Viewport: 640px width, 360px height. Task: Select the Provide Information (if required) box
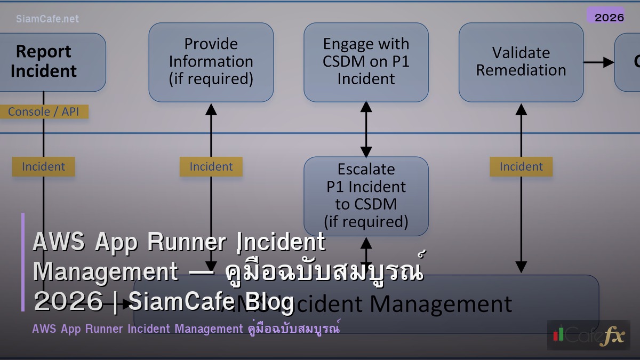(211, 62)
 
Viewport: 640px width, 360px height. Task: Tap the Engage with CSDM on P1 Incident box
(366, 62)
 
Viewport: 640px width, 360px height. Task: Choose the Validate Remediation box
(521, 62)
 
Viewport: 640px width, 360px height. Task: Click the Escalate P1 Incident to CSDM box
(366, 195)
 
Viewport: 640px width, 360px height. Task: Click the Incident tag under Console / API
(44, 167)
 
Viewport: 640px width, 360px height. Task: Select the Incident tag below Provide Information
(211, 167)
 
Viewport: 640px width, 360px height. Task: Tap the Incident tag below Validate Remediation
(521, 167)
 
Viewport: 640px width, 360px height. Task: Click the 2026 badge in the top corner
(609, 17)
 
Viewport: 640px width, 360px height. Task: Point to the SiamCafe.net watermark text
(47, 19)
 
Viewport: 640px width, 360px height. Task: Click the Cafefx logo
(589, 335)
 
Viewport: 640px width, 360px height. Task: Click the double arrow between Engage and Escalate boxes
(366, 129)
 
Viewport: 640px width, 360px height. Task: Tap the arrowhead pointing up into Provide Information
(211, 109)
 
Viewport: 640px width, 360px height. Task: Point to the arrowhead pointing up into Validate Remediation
(521, 109)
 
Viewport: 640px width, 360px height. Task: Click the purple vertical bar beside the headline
(23, 262)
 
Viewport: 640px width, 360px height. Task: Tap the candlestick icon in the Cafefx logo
(558, 334)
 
